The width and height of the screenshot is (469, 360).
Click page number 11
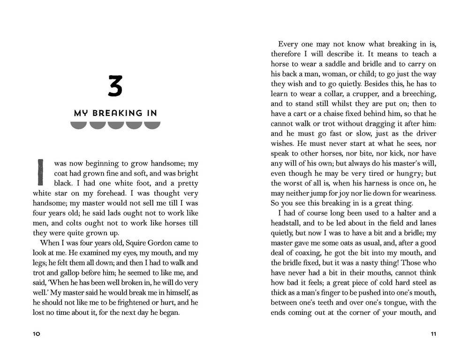[x=433, y=334]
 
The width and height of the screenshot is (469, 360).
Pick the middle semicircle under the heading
[x=115, y=125]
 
